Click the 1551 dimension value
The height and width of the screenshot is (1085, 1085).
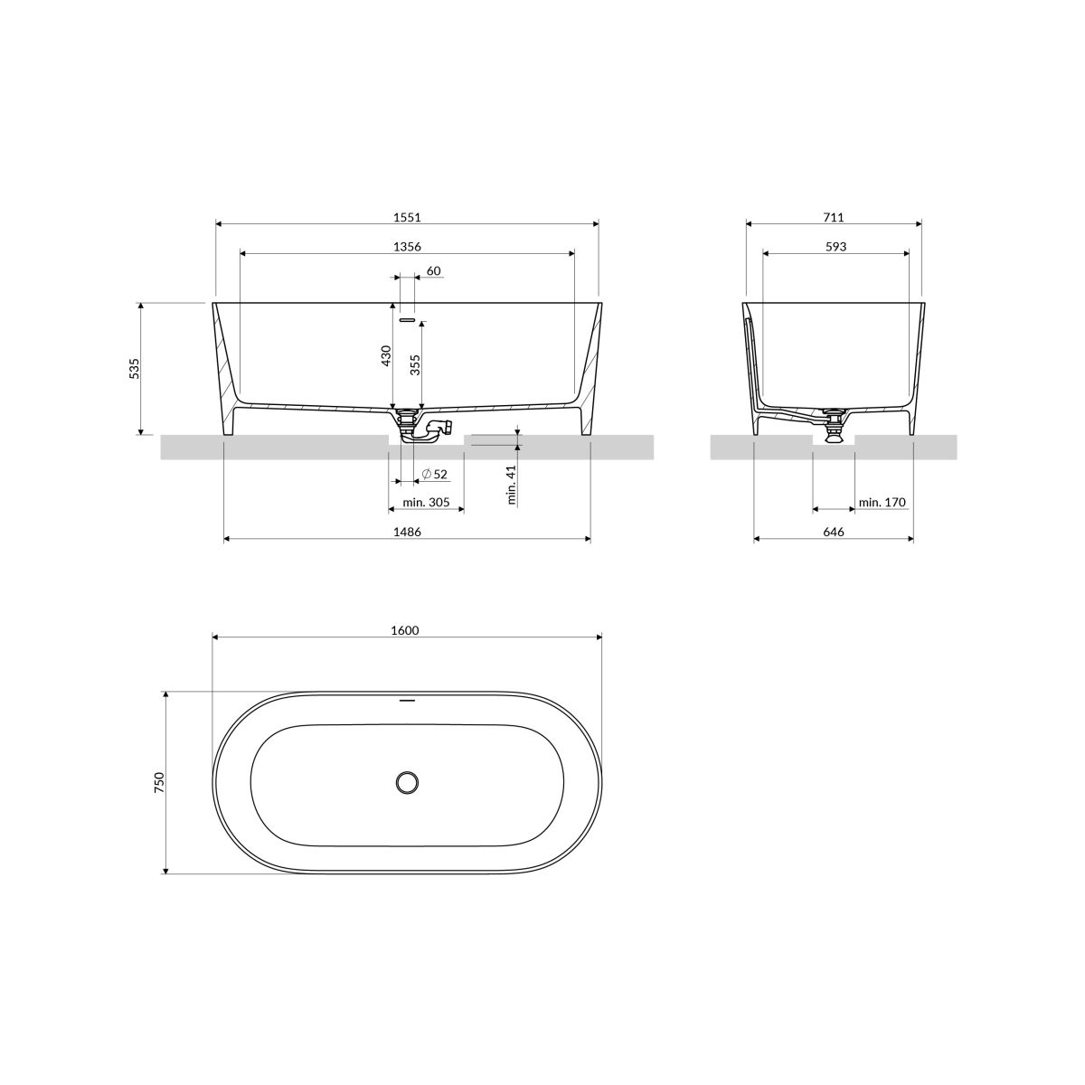(x=407, y=217)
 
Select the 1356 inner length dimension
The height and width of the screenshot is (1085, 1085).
(x=407, y=247)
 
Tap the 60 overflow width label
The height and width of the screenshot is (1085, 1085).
(x=433, y=271)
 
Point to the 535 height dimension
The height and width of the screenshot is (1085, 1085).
(x=135, y=368)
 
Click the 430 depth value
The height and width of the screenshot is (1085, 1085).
(x=386, y=356)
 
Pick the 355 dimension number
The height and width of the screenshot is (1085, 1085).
(x=416, y=364)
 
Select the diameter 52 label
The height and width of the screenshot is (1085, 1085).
(x=434, y=474)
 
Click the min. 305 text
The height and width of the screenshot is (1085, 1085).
(x=426, y=502)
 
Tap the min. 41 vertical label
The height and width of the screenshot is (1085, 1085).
(x=512, y=485)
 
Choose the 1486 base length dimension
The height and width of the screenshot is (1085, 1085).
(x=407, y=532)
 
